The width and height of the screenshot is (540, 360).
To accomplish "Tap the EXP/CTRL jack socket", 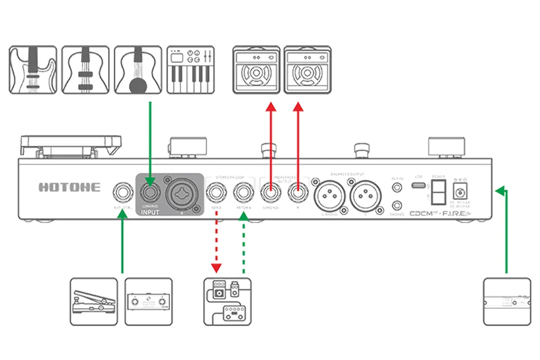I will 122,192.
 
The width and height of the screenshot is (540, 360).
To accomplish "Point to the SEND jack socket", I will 217,192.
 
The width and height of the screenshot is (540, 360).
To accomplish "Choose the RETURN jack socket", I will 243,192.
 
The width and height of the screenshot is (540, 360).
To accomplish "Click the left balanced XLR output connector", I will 329,193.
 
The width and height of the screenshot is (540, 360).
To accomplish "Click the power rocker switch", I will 438,191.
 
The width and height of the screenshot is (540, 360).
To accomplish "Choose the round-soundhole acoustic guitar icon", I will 138,70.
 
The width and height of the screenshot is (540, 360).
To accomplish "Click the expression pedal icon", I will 93,302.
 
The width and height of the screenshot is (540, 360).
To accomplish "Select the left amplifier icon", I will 256,70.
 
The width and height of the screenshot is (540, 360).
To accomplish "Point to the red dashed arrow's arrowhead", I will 217,268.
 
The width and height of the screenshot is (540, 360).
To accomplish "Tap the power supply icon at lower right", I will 506,302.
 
